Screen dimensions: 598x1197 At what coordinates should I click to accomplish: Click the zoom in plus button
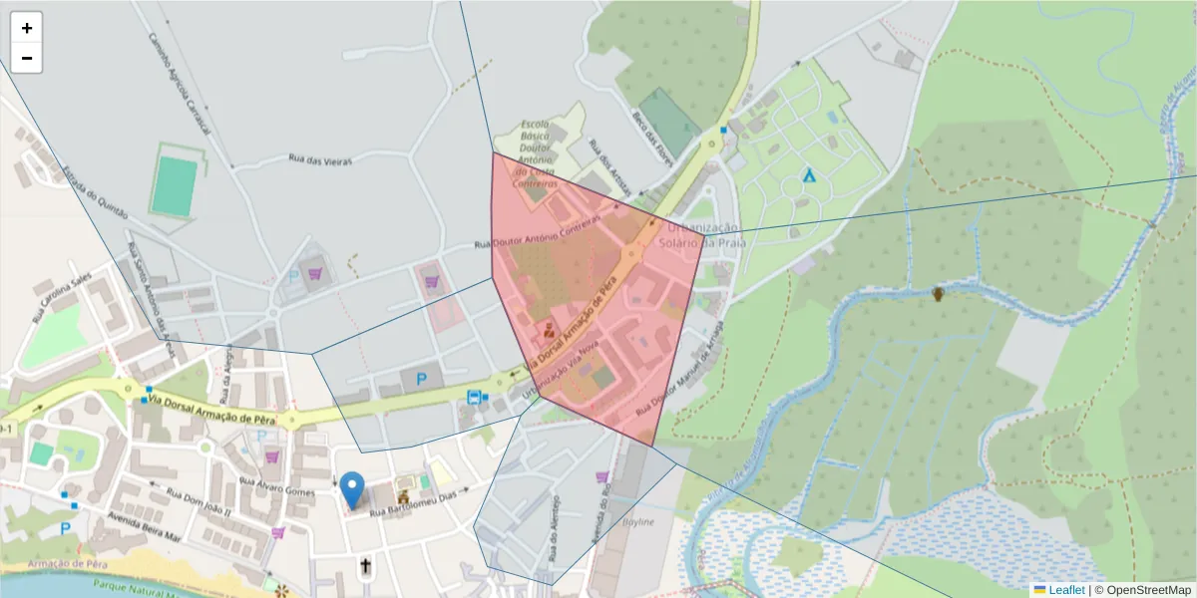(x=26, y=28)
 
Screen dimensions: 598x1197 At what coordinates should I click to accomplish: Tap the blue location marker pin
(x=352, y=489)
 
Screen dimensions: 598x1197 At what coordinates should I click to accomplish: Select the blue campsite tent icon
(x=809, y=175)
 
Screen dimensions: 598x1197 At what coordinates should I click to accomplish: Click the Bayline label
(x=637, y=522)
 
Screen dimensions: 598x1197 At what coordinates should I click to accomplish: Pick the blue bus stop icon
(x=472, y=397)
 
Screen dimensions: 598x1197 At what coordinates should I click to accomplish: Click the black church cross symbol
(x=365, y=567)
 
